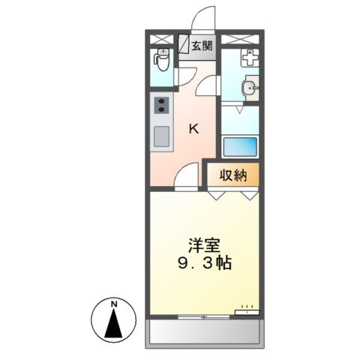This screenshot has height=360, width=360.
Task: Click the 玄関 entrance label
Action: click(x=200, y=46)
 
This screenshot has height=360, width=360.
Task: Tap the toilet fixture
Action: click(x=161, y=58)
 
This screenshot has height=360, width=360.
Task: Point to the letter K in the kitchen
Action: click(x=193, y=128)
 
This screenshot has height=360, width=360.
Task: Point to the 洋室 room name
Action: click(x=203, y=245)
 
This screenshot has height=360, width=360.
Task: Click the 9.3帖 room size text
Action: click(x=204, y=263)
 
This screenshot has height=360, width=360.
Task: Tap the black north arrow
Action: click(x=114, y=325)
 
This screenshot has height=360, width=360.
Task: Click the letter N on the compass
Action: click(x=114, y=304)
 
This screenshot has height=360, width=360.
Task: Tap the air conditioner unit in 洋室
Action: click(x=245, y=309)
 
